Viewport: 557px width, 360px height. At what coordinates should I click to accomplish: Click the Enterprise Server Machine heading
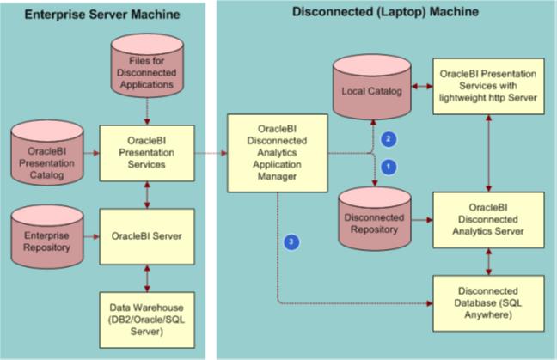(x=102, y=15)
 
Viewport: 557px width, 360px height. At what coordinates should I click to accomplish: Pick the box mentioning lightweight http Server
(x=488, y=86)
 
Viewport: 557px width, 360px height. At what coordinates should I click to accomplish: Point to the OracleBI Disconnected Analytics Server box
(x=488, y=221)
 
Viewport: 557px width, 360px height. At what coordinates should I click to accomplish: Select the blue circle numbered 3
(x=293, y=241)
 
